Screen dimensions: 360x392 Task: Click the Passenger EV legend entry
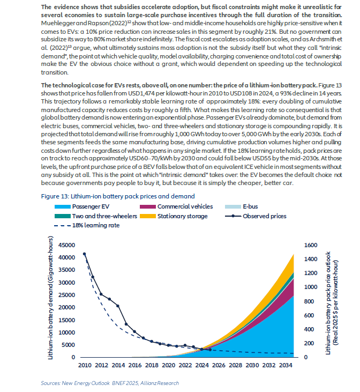click(82, 206)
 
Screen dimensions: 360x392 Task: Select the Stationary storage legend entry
click(174, 216)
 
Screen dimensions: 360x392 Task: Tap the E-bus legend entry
click(242, 206)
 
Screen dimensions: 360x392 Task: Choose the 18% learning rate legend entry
click(87, 225)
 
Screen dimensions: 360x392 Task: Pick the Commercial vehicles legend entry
click(176, 206)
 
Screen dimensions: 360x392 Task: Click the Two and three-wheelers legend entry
click(96, 216)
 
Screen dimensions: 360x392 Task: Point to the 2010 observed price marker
click(85, 254)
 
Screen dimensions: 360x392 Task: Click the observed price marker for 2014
click(118, 306)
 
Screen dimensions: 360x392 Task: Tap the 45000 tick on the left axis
click(67, 245)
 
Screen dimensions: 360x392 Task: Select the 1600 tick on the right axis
click(311, 245)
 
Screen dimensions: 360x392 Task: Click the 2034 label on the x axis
click(286, 365)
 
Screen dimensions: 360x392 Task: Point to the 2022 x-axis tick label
click(185, 365)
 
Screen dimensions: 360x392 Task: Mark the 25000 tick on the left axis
click(67, 295)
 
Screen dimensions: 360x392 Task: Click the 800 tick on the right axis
click(309, 301)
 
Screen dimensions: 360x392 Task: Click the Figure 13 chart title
click(118, 196)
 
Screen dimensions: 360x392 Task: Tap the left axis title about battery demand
click(50, 298)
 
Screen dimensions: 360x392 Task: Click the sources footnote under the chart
click(110, 383)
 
